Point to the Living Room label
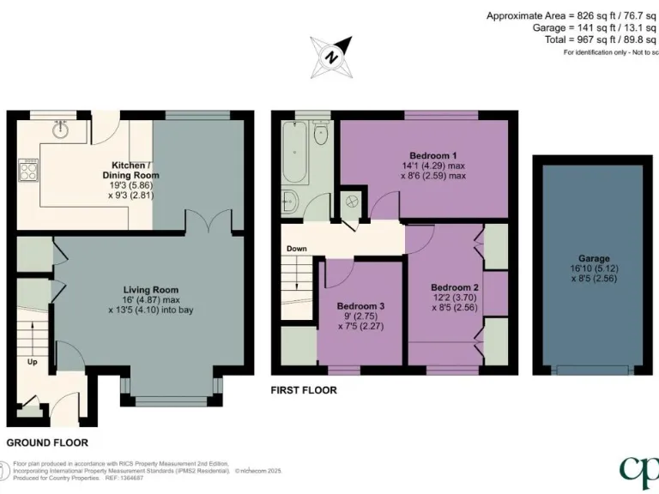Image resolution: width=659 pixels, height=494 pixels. pyautogui.click(x=150, y=289)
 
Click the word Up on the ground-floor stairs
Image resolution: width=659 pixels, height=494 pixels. pyautogui.click(x=33, y=362)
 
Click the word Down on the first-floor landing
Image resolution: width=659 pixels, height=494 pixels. pyautogui.click(x=296, y=249)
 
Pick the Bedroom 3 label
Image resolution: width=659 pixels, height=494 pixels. pyautogui.click(x=360, y=306)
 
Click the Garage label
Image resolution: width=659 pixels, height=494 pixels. pyautogui.click(x=593, y=258)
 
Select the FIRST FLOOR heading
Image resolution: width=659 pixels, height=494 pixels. pyautogui.click(x=303, y=390)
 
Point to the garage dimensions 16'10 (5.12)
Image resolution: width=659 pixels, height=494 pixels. pyautogui.click(x=593, y=268)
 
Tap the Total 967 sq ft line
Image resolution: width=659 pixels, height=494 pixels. pyautogui.click(x=592, y=39)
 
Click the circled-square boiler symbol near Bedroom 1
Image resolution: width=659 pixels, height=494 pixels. pyautogui.click(x=352, y=202)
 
